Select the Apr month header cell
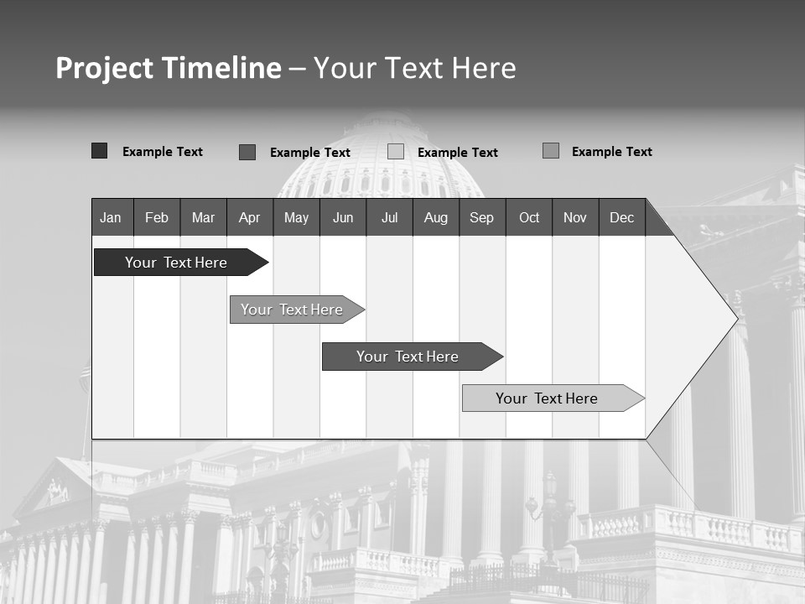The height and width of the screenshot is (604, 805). click(249, 217)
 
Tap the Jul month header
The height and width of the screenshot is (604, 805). click(389, 217)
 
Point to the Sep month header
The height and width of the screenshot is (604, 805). click(481, 217)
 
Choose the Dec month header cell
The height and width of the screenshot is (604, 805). click(621, 217)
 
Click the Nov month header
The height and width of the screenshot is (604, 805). click(574, 217)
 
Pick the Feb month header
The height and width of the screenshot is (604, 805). click(157, 217)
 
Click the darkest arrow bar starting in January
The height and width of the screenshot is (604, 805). click(176, 263)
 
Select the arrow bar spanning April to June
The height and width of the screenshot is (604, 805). click(293, 310)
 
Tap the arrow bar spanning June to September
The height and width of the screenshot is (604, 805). click(408, 357)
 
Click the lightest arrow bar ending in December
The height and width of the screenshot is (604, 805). click(548, 398)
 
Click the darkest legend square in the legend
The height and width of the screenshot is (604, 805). click(99, 151)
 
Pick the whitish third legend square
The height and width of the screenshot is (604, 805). click(396, 152)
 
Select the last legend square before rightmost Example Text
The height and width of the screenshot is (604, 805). click(551, 151)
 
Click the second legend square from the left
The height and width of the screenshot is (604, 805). click(247, 152)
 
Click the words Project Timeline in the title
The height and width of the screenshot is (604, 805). click(168, 68)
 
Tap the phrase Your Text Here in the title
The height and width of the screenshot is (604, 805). click(414, 68)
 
